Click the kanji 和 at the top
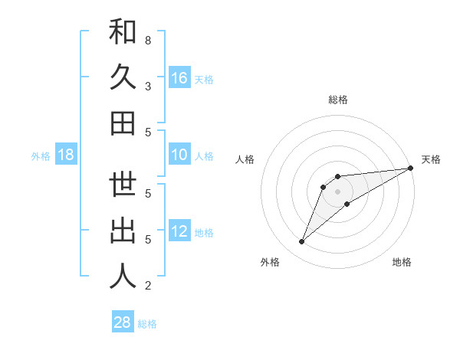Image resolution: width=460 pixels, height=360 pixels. coord(123,32)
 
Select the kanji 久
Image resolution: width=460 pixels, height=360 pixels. coord(123,77)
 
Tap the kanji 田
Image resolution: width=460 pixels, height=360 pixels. coord(123,123)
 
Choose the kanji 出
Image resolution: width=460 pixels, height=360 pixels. coord(123,231)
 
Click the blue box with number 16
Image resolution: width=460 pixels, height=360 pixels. coord(179,77)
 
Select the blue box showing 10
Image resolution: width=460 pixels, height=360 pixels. coord(179,155)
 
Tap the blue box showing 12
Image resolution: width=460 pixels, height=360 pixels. coord(179,231)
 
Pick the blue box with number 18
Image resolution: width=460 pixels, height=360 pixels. coord(66,155)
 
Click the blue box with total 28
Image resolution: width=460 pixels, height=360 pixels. coord(123,322)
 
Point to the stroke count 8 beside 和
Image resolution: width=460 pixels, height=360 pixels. coord(147,40)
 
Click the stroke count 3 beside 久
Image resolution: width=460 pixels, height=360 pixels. coord(147,86)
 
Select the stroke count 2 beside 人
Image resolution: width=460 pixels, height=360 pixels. coord(147,286)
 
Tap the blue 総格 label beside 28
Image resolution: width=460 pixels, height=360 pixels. coord(147,324)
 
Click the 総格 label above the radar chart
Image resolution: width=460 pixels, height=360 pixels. coord(337,100)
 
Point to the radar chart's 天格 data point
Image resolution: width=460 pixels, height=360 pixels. coord(410,169)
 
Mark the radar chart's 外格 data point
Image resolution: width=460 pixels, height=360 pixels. coord(302,242)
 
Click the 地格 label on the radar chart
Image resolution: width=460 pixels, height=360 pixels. coord(402,262)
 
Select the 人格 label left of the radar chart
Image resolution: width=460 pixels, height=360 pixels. coord(245,159)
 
